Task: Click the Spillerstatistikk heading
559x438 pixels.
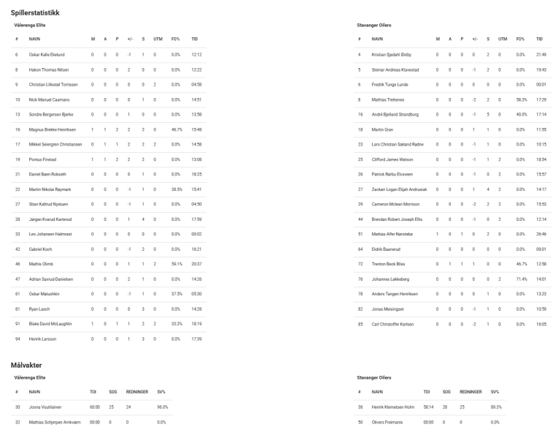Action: click(35, 13)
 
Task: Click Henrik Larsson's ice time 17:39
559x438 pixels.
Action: click(195, 339)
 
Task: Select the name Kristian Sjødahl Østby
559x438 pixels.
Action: click(395, 55)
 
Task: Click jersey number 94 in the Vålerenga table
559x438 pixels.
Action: click(16, 339)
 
